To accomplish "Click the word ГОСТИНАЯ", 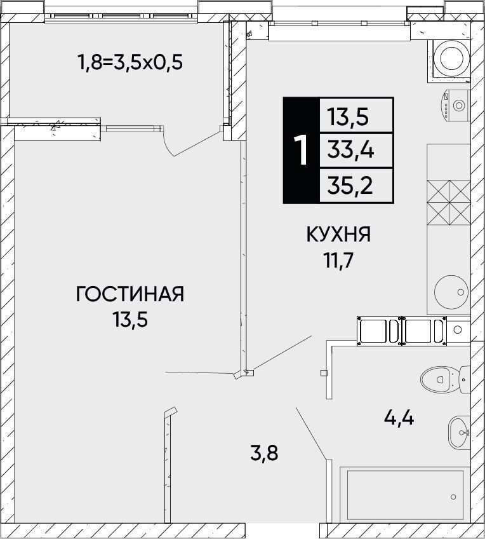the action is point(130,294).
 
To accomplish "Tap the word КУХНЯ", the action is point(338,235).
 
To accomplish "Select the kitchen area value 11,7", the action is point(338,260).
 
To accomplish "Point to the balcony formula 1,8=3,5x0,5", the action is point(130,62).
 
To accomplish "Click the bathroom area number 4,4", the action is point(399,418).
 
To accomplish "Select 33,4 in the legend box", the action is point(350,150).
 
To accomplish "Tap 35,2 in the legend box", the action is point(350,186).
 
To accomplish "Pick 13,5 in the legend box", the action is point(348,116).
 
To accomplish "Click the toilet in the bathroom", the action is point(445,379).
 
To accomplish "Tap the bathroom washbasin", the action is point(459,432).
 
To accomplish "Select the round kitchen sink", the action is point(451,292).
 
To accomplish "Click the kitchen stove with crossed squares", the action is point(448,203).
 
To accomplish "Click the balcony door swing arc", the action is point(168,145).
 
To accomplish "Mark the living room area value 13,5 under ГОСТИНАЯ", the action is point(130,320).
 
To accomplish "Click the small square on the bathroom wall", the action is point(324,372).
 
